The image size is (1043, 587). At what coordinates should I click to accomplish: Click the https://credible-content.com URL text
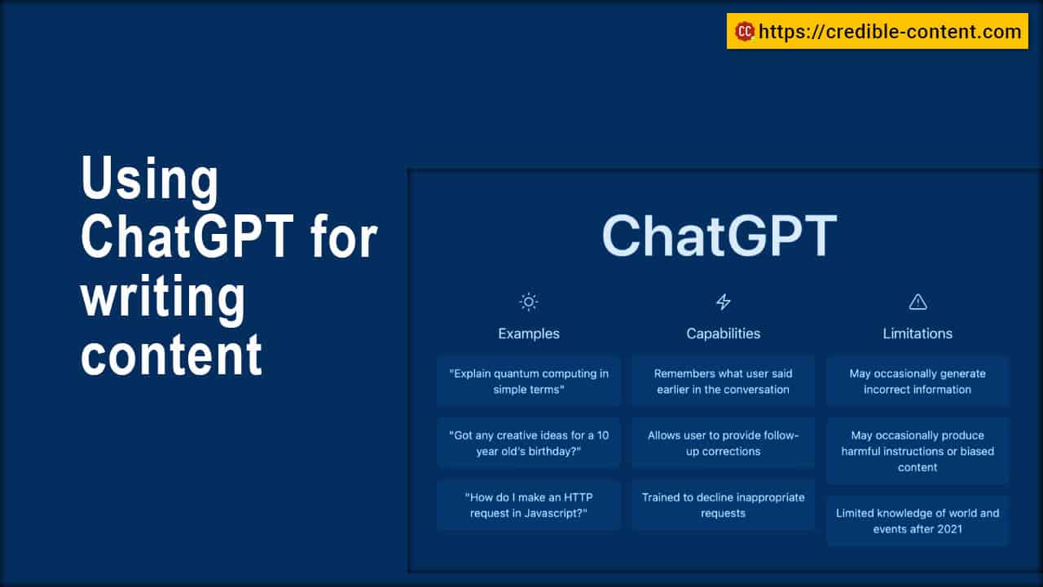pyautogui.click(x=890, y=32)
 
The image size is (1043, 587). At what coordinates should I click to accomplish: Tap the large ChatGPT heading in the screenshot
pyautogui.click(x=720, y=236)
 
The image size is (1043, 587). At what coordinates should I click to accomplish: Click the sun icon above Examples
pyautogui.click(x=529, y=302)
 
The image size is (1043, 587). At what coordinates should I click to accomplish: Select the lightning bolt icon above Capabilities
pyautogui.click(x=723, y=302)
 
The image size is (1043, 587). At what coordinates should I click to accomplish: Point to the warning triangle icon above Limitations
pyautogui.click(x=918, y=302)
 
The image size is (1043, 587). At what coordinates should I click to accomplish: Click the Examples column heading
pyautogui.click(x=529, y=333)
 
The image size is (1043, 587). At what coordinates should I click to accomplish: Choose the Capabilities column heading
pyautogui.click(x=723, y=333)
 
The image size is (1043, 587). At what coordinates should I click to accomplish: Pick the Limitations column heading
pyautogui.click(x=918, y=333)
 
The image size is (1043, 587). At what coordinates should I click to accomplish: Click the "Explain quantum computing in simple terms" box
pyautogui.click(x=529, y=382)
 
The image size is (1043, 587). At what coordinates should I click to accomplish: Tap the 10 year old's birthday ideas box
pyautogui.click(x=529, y=444)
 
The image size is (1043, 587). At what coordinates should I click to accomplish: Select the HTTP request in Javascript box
pyautogui.click(x=529, y=505)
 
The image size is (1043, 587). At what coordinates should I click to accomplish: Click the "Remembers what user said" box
pyautogui.click(x=723, y=382)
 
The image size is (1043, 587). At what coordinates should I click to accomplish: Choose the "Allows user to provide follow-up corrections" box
pyautogui.click(x=723, y=444)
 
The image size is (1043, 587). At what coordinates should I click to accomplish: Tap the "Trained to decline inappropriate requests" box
pyautogui.click(x=723, y=505)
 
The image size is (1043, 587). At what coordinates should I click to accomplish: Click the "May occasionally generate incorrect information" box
pyautogui.click(x=918, y=382)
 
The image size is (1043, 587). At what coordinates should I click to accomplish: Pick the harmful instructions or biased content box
pyautogui.click(x=918, y=451)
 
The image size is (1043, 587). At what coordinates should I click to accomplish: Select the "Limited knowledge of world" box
pyautogui.click(x=918, y=521)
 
